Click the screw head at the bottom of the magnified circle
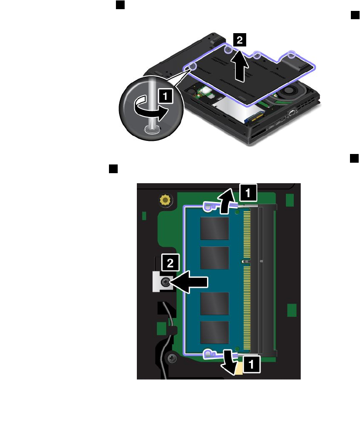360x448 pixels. [x=151, y=128]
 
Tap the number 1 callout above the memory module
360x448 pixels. [x=246, y=192]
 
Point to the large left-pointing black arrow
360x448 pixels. [x=191, y=283]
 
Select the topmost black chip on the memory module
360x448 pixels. [x=214, y=228]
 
